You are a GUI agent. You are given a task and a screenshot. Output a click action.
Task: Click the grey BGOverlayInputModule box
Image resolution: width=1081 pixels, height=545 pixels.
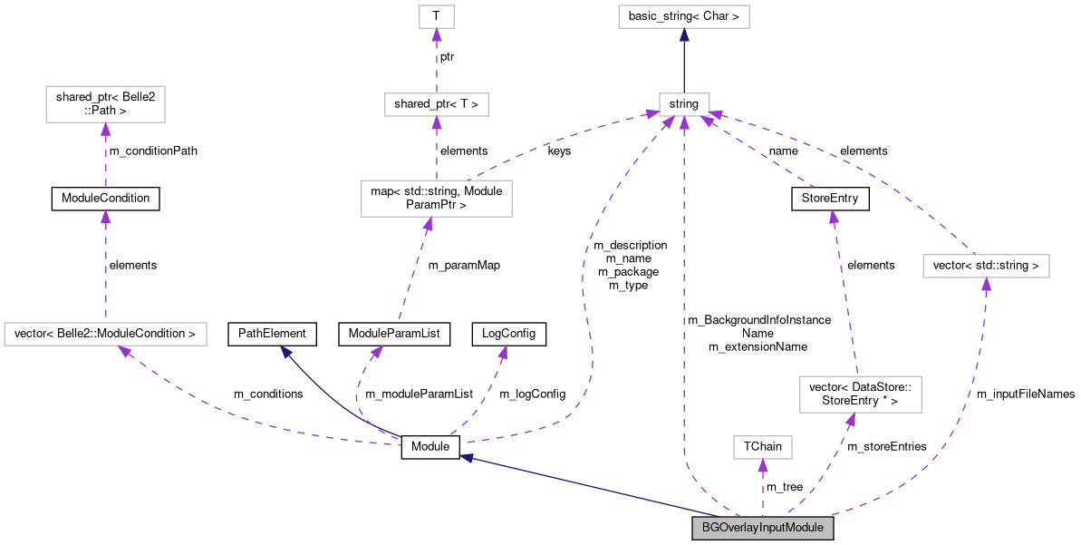point(762,529)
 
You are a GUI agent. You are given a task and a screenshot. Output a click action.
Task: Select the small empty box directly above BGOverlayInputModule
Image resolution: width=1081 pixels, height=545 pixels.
point(762,447)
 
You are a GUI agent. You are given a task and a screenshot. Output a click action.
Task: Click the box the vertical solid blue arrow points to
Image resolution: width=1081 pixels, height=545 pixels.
point(683,16)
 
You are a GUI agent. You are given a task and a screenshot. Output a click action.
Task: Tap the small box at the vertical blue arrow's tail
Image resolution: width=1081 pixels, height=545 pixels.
point(683,104)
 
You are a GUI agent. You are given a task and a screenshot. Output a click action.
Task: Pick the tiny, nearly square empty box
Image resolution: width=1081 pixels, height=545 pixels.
point(436,16)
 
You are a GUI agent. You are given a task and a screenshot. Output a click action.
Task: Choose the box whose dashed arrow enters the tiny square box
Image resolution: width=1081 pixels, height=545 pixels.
point(436,104)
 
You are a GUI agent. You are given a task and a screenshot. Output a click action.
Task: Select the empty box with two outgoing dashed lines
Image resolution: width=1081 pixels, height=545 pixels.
point(436,199)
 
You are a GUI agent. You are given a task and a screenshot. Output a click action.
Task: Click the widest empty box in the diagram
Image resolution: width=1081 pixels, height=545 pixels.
point(105,334)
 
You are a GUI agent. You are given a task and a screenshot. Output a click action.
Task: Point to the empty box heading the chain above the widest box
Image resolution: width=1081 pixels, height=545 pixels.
point(105,104)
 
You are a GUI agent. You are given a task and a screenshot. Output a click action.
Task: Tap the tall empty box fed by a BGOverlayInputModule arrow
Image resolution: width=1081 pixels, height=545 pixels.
point(860,394)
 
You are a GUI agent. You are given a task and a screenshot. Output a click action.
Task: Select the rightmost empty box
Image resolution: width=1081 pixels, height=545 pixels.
point(986,266)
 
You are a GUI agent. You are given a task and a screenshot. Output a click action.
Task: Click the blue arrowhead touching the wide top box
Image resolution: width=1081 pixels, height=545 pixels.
point(684,35)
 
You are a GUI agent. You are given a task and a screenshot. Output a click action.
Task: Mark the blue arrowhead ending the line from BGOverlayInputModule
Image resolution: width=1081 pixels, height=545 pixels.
point(467,458)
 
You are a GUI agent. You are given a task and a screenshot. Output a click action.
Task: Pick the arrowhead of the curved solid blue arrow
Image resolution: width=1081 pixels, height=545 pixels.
point(285,351)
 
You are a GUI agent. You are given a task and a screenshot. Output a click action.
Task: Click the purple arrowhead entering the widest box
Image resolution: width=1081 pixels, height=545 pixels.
point(124,351)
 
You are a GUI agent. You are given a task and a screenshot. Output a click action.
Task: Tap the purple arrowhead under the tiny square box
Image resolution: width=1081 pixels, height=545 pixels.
point(436,35)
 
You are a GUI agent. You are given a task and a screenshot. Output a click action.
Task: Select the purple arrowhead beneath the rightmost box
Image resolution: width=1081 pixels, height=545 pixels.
point(986,284)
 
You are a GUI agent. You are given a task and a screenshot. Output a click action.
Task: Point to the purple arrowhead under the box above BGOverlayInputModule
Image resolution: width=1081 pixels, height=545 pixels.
point(762,466)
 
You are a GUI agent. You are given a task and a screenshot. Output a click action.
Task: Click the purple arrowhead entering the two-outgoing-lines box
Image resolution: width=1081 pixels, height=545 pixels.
point(426,224)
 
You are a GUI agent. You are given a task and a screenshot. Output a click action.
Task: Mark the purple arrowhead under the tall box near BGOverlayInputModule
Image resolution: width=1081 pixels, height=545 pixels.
point(850,420)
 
